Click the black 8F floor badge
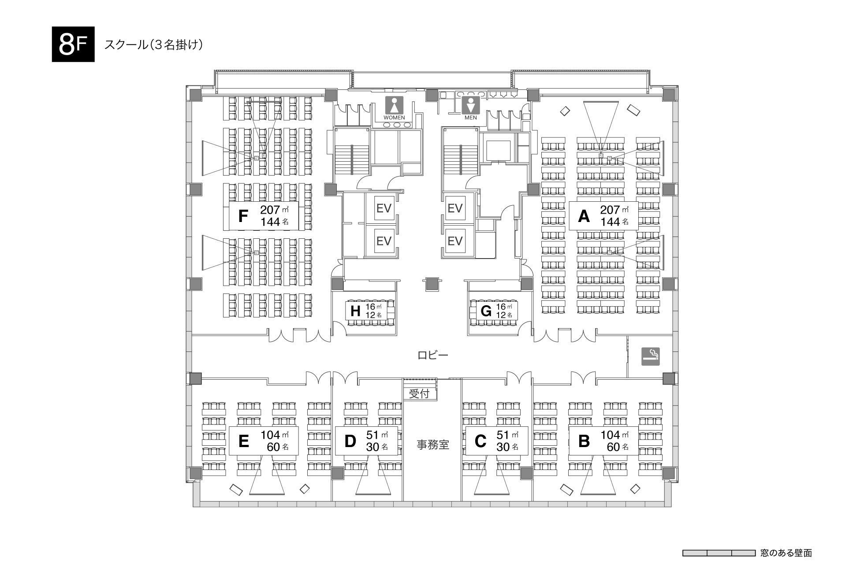[x=73, y=44]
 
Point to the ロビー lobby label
[x=433, y=355]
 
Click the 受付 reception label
[x=419, y=394]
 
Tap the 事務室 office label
[x=433, y=444]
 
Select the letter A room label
[x=583, y=216]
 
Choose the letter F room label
[x=243, y=216]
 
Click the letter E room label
[x=243, y=441]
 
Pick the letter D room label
[x=350, y=441]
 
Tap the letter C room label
[x=480, y=441]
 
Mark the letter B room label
[x=584, y=441]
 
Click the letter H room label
[x=355, y=311]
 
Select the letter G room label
[x=486, y=311]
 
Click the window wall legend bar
[x=719, y=553]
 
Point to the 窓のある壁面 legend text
[x=786, y=553]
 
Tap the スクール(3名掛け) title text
[x=154, y=44]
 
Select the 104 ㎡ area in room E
[x=274, y=435]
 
